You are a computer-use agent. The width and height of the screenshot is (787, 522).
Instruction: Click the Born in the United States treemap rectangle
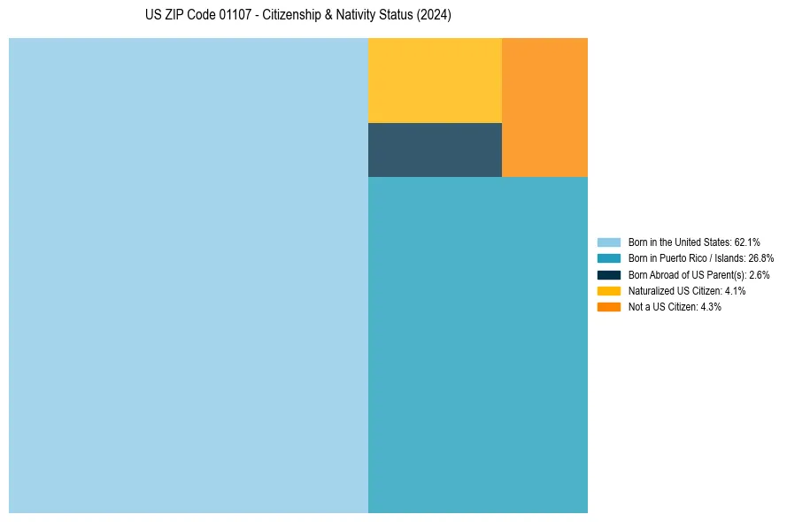(x=189, y=275)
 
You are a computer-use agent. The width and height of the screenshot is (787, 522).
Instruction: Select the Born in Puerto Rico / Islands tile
(x=478, y=345)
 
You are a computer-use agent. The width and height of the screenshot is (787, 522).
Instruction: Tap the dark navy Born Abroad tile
(x=435, y=150)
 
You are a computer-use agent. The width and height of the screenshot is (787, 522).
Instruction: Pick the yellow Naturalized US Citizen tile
(x=435, y=81)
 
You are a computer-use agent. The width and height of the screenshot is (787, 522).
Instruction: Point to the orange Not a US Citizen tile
(x=544, y=107)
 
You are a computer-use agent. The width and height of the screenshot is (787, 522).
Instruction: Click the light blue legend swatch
(x=608, y=242)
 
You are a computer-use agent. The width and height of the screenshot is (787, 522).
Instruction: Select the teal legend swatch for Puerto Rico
(x=608, y=258)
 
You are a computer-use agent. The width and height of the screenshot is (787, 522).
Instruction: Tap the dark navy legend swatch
(x=608, y=274)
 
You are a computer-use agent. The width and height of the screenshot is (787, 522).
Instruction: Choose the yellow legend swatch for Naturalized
(x=608, y=291)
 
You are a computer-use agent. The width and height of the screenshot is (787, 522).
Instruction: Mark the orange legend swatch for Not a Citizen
(x=608, y=307)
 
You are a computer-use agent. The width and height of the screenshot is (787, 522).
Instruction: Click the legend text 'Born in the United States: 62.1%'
(x=694, y=242)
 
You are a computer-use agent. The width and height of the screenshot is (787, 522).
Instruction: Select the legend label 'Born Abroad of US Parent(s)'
(x=687, y=275)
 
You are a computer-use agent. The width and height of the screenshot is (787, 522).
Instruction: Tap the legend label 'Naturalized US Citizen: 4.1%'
(x=687, y=291)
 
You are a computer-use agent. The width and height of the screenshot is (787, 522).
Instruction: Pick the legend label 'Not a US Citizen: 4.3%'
(x=675, y=307)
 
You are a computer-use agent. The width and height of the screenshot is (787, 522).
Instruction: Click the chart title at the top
(x=298, y=15)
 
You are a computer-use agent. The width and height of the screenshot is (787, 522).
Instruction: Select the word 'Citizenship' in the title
(x=291, y=15)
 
